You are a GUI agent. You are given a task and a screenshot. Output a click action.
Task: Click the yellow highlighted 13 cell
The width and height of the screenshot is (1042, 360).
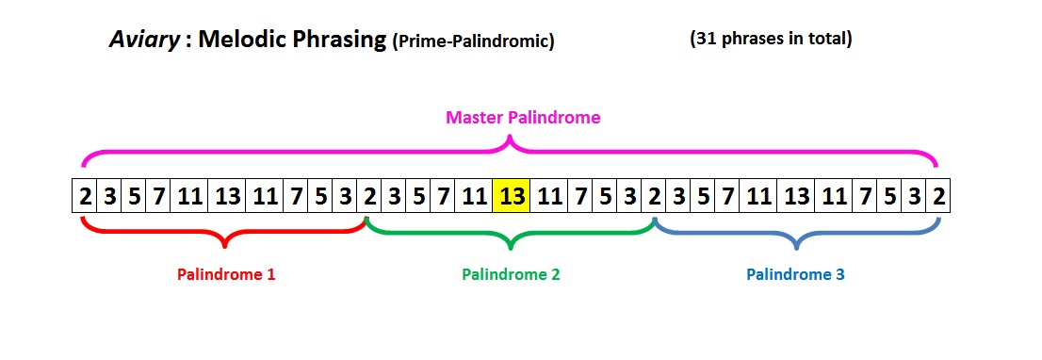tap(512, 198)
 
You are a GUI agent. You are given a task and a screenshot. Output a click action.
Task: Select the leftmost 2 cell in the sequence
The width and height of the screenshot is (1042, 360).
tap(85, 198)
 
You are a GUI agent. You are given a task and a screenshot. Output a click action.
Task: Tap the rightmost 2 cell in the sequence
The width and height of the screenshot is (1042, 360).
tap(938, 198)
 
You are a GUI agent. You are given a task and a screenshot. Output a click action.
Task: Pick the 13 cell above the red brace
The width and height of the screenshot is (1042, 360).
tap(227, 198)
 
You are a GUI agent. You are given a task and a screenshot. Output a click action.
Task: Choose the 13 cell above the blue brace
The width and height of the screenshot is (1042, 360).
tap(796, 198)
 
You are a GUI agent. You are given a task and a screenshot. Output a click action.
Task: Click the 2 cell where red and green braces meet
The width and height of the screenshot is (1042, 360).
tap(369, 198)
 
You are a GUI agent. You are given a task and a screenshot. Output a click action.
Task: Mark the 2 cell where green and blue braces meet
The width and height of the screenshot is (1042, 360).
tap(654, 198)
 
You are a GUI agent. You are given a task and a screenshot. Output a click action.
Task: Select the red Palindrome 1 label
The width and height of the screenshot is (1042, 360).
tap(226, 274)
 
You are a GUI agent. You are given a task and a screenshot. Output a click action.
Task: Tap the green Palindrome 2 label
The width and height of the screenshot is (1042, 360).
tap(511, 274)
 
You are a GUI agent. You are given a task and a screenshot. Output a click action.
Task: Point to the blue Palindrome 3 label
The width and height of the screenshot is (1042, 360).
tap(795, 274)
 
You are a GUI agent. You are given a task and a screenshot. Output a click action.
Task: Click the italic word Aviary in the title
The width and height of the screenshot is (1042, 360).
tap(142, 41)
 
